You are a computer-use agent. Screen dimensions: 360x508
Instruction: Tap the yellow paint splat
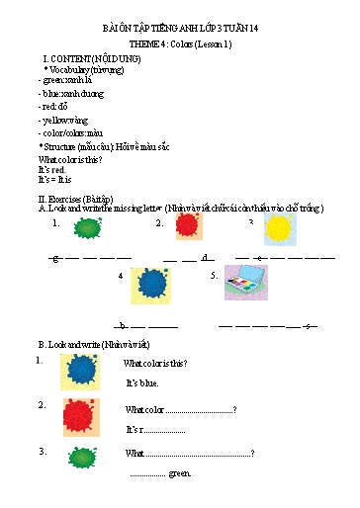(280, 229)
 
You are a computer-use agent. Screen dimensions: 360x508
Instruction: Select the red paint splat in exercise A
(188, 227)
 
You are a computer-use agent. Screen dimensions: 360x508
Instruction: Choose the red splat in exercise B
(80, 416)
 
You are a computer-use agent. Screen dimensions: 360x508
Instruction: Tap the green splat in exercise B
(80, 457)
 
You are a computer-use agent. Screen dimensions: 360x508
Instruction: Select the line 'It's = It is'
(58, 180)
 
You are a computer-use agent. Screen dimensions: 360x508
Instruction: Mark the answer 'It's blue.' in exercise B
(142, 381)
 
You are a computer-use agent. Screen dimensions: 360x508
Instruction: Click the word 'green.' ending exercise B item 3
(178, 474)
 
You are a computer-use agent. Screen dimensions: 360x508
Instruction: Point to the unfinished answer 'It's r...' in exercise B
(155, 429)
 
